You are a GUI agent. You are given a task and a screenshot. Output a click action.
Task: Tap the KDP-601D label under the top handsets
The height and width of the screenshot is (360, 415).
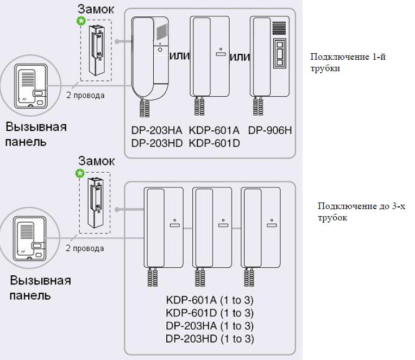214,143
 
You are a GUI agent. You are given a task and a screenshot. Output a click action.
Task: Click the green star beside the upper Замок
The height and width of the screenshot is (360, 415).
81,21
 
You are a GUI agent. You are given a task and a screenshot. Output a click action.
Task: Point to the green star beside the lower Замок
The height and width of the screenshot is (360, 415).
80,173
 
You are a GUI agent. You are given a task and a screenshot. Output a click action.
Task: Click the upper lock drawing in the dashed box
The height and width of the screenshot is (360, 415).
95,50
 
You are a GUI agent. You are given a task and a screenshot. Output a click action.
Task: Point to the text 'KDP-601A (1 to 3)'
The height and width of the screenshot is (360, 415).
210,300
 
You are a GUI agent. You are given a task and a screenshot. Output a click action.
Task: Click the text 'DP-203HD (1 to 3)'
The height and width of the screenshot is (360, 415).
210,339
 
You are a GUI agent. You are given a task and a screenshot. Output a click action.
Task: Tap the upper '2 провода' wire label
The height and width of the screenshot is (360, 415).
85,96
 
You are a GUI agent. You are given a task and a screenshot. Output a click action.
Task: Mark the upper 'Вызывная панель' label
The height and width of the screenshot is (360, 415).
36,134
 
